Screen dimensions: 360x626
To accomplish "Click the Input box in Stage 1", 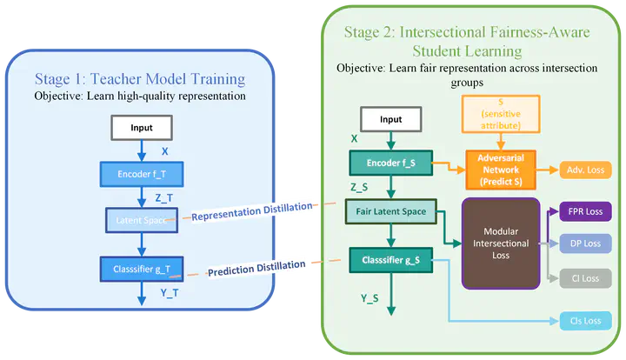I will point(142,128).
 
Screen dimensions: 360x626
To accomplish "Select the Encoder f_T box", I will point(142,175).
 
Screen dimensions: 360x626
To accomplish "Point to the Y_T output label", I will point(169,293).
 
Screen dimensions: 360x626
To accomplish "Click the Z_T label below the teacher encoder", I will point(164,197).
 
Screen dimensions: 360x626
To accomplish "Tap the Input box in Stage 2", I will point(391,120).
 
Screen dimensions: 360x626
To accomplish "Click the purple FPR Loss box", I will point(587,211).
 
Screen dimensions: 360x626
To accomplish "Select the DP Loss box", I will point(587,244).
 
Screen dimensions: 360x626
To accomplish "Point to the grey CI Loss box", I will point(587,278).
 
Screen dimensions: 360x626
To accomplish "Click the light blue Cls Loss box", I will point(587,321).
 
